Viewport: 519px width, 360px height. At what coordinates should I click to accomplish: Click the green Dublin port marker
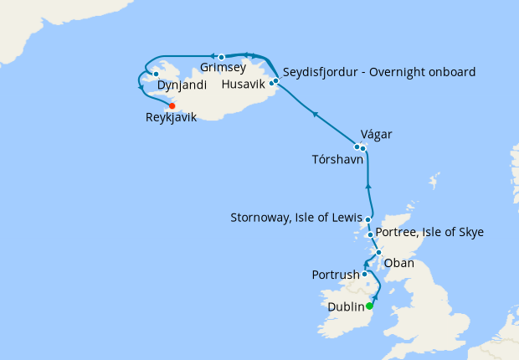[x=370, y=306]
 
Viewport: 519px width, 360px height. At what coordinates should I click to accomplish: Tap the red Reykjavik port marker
[x=172, y=106]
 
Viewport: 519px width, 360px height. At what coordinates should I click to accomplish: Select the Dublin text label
[x=345, y=307]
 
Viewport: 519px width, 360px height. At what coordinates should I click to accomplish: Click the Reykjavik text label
[x=171, y=118]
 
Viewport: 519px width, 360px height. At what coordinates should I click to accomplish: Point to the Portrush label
[x=336, y=275]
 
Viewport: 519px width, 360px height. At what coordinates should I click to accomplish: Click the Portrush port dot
[x=365, y=274]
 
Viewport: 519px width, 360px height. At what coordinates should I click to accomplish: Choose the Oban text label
[x=398, y=263]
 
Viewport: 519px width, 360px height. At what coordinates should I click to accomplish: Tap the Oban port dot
[x=378, y=252]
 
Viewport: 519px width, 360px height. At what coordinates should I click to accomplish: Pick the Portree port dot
[x=370, y=234]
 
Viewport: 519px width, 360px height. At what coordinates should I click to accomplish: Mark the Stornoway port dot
[x=368, y=219]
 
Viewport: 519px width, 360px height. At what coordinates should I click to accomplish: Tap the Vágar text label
[x=375, y=135]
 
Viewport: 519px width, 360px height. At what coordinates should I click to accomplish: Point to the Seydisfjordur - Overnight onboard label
[x=379, y=72]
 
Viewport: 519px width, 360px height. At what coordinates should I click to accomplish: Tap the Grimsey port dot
[x=222, y=57]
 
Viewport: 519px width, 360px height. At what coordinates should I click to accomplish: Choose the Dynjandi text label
[x=182, y=85]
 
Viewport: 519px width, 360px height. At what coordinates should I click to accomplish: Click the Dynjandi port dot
[x=157, y=75]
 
